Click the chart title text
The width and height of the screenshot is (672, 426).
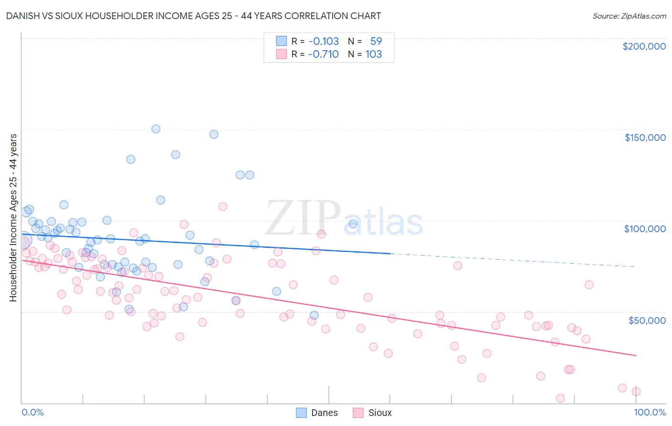[x=194, y=16]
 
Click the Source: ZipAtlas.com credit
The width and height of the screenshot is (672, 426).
[x=629, y=16]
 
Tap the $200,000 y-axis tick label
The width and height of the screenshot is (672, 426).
[x=644, y=46]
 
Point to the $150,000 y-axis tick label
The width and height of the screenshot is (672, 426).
[x=645, y=138]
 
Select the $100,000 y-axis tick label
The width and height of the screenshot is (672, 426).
[x=645, y=229]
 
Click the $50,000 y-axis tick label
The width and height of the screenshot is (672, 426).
[x=647, y=320]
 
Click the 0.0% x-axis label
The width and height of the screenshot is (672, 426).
[x=33, y=412]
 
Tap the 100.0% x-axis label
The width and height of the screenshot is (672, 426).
[x=650, y=412]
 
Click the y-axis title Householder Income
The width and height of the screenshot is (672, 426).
[x=13, y=217]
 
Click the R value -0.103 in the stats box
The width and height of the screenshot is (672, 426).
[x=323, y=41]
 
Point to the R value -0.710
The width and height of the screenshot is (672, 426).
[x=323, y=54]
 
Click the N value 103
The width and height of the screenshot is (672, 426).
[x=373, y=54]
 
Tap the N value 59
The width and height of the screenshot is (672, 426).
[x=376, y=41]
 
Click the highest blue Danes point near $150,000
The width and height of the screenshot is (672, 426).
[x=156, y=129]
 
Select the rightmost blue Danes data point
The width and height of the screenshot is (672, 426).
[x=353, y=224]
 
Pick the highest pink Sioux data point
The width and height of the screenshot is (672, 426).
[x=223, y=207]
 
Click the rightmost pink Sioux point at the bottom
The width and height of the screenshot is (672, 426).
[x=636, y=392]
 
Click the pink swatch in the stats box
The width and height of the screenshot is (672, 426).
[x=282, y=54]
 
